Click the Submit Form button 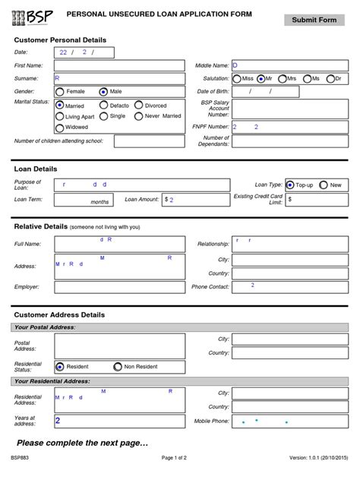pyautogui.click(x=314, y=20)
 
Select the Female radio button pyautogui.click(x=60, y=91)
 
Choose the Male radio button pyautogui.click(x=104, y=91)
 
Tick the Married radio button pyautogui.click(x=60, y=106)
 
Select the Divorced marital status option pyautogui.click(x=138, y=106)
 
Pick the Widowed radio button pyautogui.click(x=60, y=127)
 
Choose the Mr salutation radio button pyautogui.click(x=261, y=78)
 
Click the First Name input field pyautogui.click(x=119, y=66)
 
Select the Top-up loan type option pyautogui.click(x=290, y=185)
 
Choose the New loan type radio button pyautogui.click(x=324, y=185)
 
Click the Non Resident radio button pyautogui.click(x=118, y=366)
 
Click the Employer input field pyautogui.click(x=119, y=287)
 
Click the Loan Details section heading pyautogui.click(x=36, y=169)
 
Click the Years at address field pyautogui.click(x=119, y=421)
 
